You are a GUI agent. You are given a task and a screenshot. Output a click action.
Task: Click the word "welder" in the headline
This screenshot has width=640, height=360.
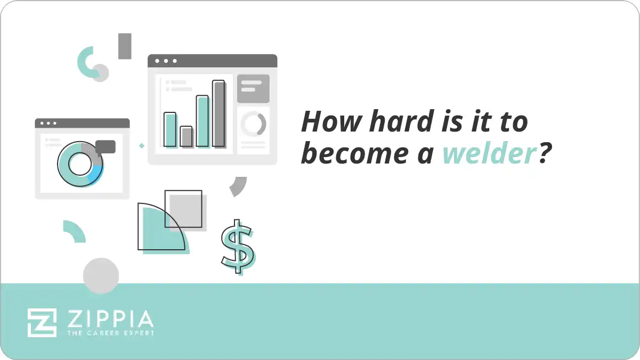[x=488, y=154]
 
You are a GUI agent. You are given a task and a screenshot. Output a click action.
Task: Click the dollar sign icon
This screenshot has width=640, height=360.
[x=238, y=247]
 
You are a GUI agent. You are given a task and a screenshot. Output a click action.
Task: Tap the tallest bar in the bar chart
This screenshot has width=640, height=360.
[x=218, y=113]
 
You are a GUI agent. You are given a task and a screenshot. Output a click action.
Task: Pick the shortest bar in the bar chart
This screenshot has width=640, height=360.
[x=186, y=136]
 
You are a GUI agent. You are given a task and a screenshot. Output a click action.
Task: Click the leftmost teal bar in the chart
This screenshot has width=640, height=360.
[x=170, y=129]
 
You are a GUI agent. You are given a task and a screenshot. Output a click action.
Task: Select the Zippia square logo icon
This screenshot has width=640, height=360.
[x=42, y=322]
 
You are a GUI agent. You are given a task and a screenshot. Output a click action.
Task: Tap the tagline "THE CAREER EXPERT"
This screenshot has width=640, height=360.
[x=110, y=333]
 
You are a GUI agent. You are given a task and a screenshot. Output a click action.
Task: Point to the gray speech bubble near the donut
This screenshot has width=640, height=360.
[x=106, y=147]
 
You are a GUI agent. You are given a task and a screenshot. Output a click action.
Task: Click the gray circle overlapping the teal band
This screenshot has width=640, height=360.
[x=101, y=276]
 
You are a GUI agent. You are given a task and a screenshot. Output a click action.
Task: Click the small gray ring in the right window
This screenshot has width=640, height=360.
[x=253, y=124]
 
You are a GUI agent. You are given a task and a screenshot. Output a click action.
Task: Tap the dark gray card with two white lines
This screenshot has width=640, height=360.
[x=253, y=88]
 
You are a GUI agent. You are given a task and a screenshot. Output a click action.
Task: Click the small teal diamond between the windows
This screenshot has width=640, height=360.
[x=142, y=145]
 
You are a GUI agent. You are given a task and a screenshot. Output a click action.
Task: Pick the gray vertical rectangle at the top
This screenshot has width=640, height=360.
[x=125, y=46]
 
